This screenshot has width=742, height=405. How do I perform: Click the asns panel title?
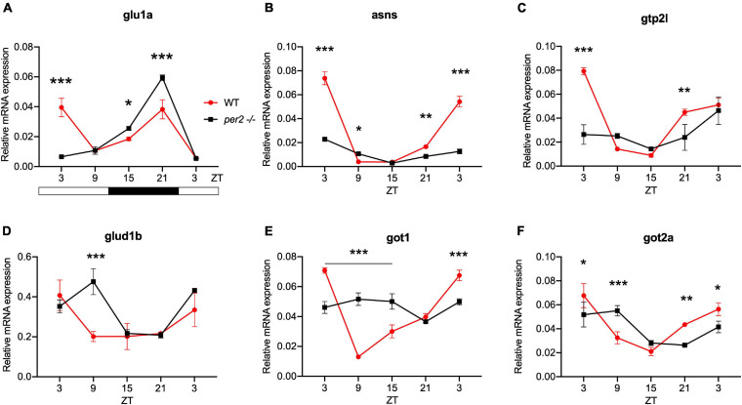(380, 12)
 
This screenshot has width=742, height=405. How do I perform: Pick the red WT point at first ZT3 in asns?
(322, 78)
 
